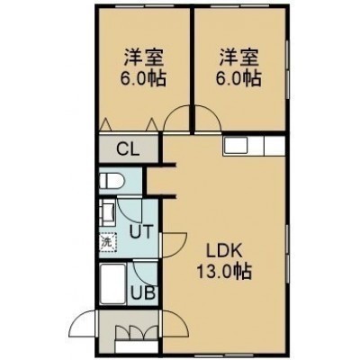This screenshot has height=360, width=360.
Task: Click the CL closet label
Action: coord(128,149)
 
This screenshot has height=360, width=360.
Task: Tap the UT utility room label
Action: coord(141,231)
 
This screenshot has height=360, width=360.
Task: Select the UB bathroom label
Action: coord(144,292)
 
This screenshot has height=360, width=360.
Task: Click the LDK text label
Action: coord(225,251)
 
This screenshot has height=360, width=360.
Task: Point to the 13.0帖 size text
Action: coord(224,272)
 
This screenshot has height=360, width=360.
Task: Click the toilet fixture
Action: coord(112,182)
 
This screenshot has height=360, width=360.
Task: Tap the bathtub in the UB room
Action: coord(112,283)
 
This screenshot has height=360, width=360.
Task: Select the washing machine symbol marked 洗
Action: coord(108,242)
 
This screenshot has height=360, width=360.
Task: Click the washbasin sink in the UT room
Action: coord(107,213)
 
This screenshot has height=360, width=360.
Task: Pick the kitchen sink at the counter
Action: coord(236,145)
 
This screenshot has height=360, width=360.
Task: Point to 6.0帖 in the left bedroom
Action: coord(143,78)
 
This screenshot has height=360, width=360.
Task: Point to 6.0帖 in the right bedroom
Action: coord(238,78)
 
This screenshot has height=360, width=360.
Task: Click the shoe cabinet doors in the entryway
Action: coord(137,333)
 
